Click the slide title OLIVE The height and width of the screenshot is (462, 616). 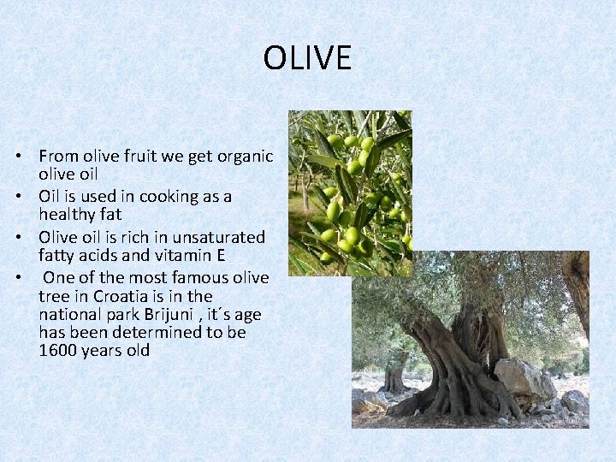pos(307,58)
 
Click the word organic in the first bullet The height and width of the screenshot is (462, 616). pos(245,156)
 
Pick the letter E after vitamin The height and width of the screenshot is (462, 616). pos(220,255)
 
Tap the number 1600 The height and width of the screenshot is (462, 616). pos(58,350)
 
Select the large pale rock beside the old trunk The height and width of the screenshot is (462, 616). pos(524,380)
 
